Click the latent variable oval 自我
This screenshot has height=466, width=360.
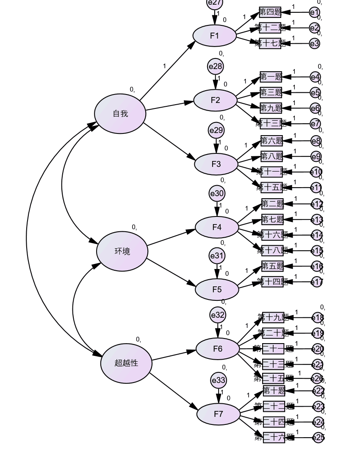[120, 114]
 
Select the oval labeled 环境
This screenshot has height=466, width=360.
[122, 251]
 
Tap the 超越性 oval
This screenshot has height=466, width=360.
[126, 363]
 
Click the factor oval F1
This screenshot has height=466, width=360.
[215, 36]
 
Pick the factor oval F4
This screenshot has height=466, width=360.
[217, 227]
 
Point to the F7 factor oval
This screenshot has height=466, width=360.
[219, 414]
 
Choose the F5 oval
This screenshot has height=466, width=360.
[217, 289]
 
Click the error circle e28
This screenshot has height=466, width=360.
[215, 67]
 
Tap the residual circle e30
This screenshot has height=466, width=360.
[217, 194]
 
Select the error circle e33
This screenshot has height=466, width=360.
[219, 380]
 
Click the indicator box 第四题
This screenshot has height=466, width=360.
[270, 12]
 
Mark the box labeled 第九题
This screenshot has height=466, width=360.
[271, 108]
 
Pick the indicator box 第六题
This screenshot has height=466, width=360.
[271, 141]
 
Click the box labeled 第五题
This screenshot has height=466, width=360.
[272, 266]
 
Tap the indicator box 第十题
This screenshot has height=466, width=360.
[274, 390]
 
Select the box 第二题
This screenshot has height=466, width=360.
[272, 204]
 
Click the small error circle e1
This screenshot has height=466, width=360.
[314, 12]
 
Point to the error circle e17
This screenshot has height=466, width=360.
[317, 282]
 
